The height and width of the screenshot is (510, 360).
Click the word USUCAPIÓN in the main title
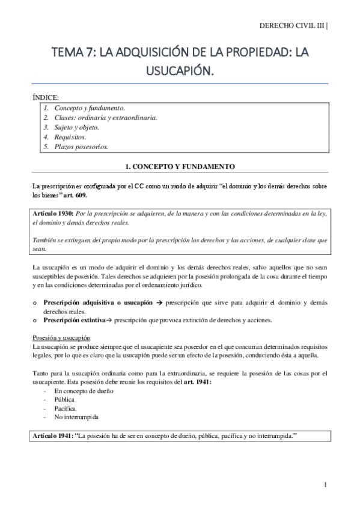tap(180, 72)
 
